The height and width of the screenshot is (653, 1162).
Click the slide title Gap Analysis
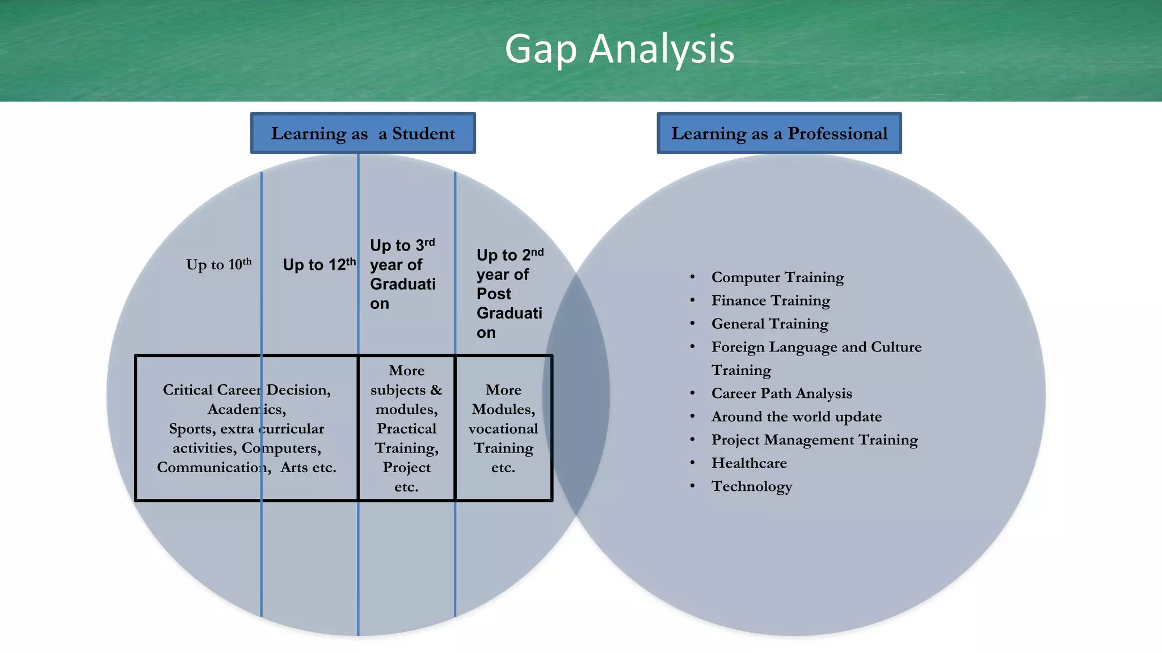pos(619,49)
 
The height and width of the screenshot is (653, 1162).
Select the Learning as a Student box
pos(363,133)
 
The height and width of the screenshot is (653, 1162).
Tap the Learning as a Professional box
pos(779,133)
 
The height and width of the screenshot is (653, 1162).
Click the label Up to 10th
pos(218,264)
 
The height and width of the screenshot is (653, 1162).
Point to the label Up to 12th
pos(319,264)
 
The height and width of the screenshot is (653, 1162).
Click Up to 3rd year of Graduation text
pos(402,274)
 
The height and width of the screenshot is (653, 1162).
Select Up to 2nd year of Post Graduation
pos(509,294)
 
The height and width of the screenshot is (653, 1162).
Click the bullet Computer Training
pos(777,277)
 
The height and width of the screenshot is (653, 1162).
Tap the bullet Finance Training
pos(771,300)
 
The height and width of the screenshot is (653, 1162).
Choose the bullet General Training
pos(769,324)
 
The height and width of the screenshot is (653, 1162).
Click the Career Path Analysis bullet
pos(781,393)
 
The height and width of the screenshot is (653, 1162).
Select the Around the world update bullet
pos(796,417)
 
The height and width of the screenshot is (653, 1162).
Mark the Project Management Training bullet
pos(814,440)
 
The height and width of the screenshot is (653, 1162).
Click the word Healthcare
pos(749,463)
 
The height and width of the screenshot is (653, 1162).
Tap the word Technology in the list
pos(752,486)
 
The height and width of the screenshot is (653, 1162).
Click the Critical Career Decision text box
pos(247,428)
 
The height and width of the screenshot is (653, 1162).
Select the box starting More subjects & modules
pos(406,428)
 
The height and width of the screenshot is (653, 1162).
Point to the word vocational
pos(503,429)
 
